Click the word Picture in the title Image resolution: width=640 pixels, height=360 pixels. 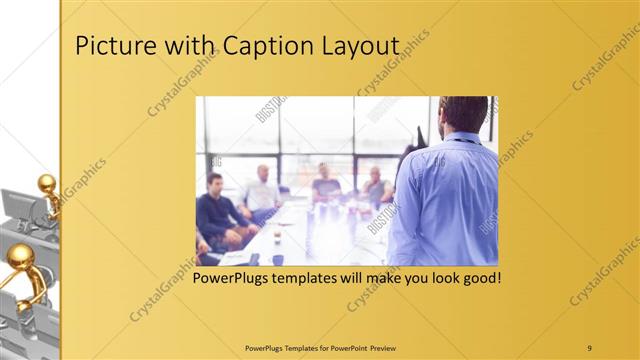110,48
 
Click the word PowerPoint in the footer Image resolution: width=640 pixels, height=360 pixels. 346,348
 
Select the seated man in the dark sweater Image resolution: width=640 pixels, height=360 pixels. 215,210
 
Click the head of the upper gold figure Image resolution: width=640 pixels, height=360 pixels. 46,183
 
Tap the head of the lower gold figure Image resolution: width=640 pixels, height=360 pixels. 20,257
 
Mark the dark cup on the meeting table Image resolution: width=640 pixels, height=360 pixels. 277,259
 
